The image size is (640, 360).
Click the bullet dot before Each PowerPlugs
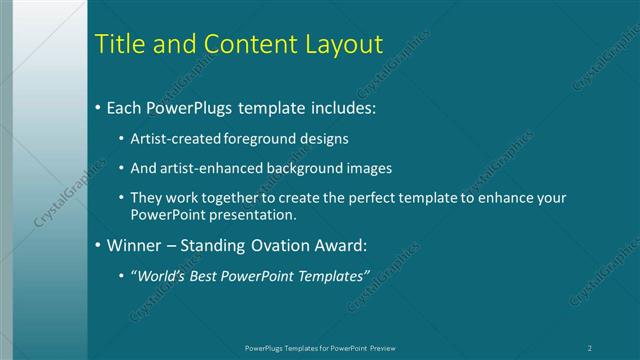coord(97,106)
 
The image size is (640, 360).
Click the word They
coord(147,198)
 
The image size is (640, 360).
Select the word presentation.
coord(252,215)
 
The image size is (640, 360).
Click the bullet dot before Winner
coord(97,245)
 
